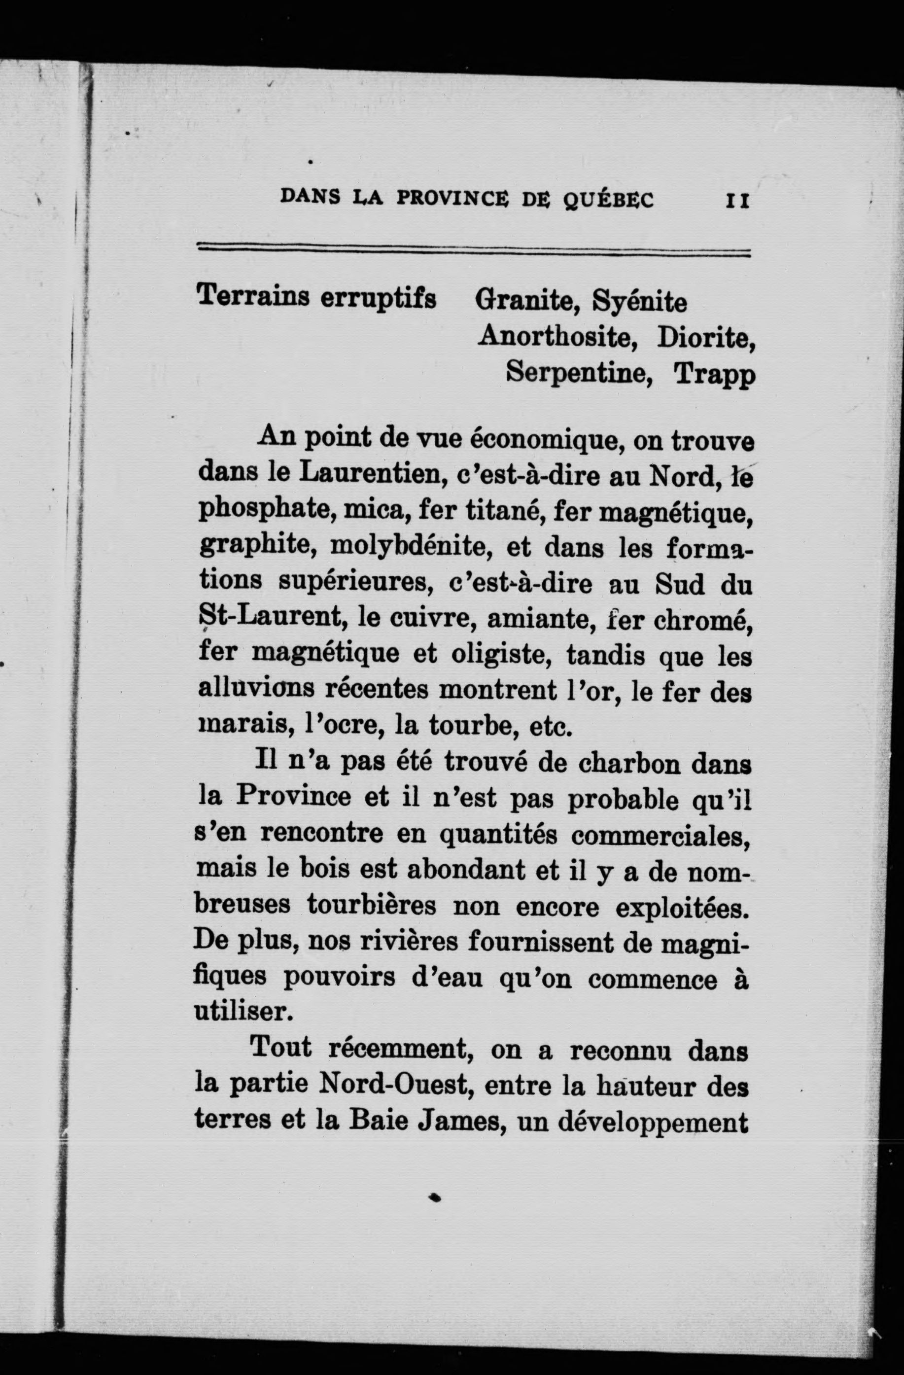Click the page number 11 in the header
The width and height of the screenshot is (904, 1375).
(737, 201)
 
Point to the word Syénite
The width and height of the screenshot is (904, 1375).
(640, 302)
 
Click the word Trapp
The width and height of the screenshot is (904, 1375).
(715, 375)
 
